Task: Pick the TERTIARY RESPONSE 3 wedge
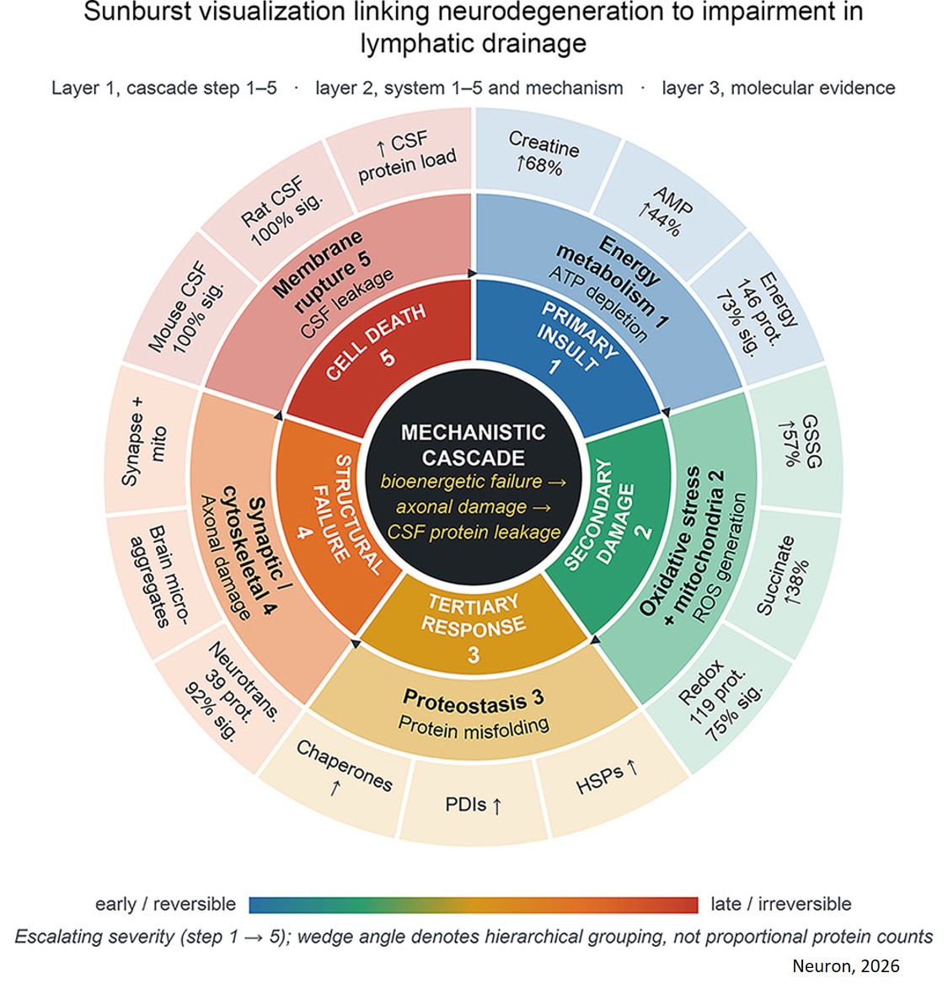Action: click(x=474, y=624)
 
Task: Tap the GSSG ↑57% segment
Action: click(x=798, y=441)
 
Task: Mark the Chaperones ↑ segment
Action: click(x=340, y=772)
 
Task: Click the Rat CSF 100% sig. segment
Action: click(x=281, y=211)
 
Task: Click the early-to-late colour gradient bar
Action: click(x=474, y=905)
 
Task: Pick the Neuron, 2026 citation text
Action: click(x=846, y=965)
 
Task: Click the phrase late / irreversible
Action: click(x=781, y=905)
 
